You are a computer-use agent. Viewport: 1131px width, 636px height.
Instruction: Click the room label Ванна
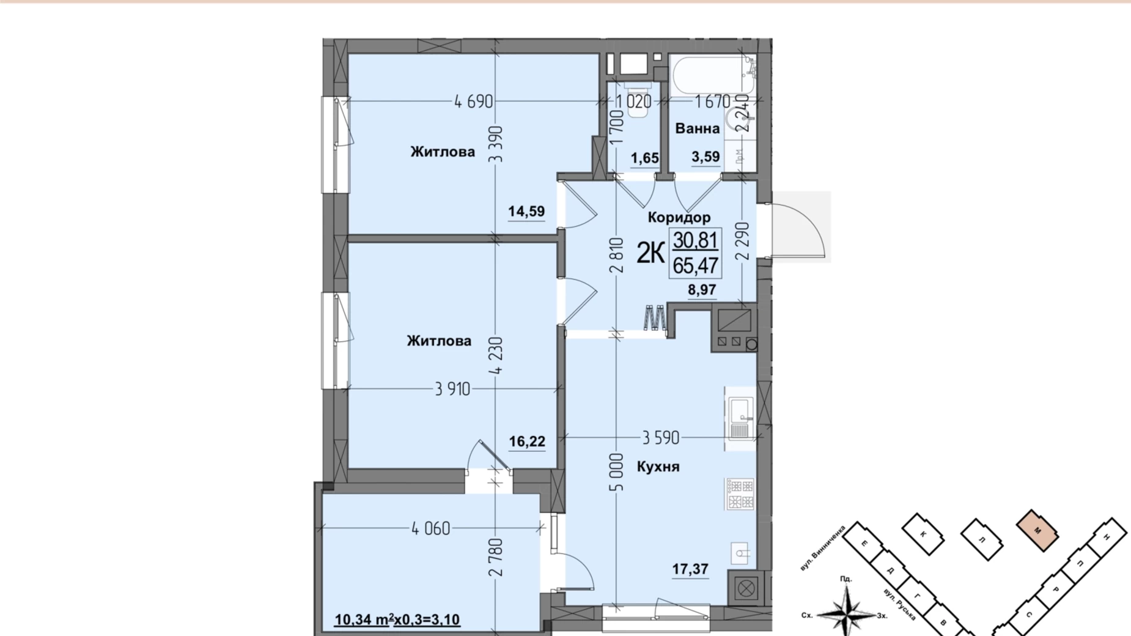[697, 128]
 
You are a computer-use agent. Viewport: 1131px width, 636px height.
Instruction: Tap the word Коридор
[679, 217]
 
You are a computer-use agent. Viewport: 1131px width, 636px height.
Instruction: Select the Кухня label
[658, 467]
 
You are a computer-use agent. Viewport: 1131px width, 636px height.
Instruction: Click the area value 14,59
[526, 212]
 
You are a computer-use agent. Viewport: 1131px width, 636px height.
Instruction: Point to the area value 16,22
[527, 442]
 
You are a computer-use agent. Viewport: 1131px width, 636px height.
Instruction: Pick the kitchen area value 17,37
[690, 569]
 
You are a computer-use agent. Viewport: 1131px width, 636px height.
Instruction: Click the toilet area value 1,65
[644, 158]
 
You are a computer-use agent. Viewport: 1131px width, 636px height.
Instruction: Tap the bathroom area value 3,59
[705, 157]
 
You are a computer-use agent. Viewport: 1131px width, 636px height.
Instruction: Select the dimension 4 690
[473, 102]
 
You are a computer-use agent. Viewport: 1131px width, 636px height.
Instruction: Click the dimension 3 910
[452, 389]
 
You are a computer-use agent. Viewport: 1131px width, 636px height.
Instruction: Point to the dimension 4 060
[430, 528]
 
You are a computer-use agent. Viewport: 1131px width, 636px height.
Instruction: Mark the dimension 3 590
[660, 438]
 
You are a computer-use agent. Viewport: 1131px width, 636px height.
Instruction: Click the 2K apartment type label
[650, 253]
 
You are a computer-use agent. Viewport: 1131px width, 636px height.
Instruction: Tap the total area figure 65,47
[695, 266]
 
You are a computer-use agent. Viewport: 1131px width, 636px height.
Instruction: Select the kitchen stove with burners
[740, 494]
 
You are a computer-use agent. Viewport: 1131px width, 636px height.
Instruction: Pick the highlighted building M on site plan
[1037, 531]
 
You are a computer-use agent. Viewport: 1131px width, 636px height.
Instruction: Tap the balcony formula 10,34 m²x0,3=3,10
[397, 619]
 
